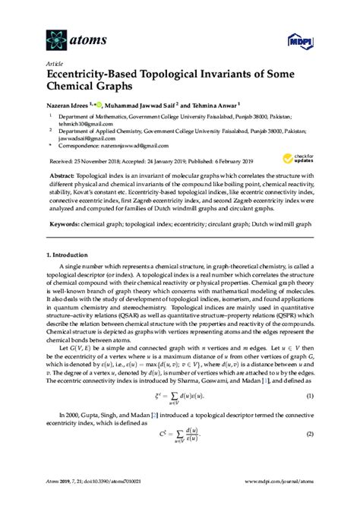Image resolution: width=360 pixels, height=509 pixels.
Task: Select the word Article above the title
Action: (x=55, y=64)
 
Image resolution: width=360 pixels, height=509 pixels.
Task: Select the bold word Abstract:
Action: (x=69, y=174)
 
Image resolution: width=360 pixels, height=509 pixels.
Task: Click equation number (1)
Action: (x=310, y=419)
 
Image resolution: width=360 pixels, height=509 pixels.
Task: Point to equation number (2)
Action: (x=310, y=454)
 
